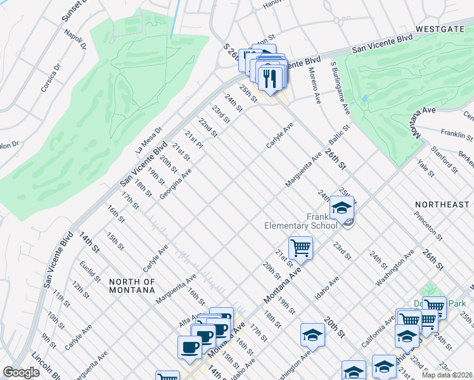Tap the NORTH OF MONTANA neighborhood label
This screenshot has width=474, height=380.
point(132,286)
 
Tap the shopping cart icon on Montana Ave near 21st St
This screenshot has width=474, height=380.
point(300,247)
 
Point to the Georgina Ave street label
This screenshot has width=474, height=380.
point(176,184)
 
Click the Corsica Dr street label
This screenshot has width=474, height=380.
point(51,77)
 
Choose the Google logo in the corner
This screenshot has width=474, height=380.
point(21,372)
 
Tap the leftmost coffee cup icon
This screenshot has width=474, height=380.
point(189,347)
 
